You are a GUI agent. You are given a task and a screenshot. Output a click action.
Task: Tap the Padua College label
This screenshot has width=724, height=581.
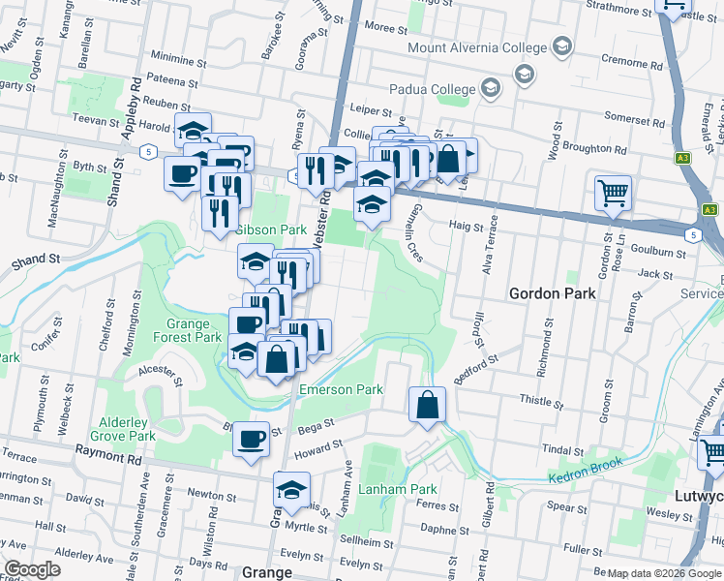tap(432, 89)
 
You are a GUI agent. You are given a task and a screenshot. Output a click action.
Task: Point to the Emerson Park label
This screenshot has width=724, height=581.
tap(341, 389)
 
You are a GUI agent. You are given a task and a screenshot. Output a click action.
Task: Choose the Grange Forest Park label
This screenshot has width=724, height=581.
tap(187, 330)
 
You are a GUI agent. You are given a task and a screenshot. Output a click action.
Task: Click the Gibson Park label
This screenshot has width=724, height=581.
tap(271, 229)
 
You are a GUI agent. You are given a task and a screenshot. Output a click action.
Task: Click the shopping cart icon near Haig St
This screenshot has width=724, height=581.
tap(613, 194)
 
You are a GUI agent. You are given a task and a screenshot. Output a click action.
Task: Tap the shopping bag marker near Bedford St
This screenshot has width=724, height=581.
tap(427, 405)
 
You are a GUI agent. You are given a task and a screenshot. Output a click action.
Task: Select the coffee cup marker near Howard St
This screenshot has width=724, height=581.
tap(252, 439)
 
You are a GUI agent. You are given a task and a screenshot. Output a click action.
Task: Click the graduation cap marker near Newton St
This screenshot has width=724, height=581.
tap(291, 491)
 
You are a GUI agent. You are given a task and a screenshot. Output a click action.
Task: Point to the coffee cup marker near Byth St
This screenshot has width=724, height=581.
tap(183, 174)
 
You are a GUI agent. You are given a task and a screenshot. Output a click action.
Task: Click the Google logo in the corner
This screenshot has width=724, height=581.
tap(32, 569)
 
